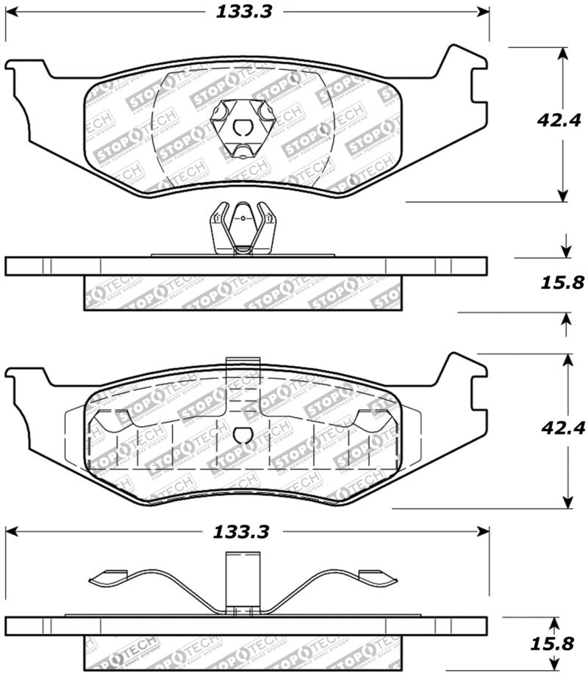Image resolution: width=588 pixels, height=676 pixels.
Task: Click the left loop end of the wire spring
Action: pyautogui.click(x=103, y=580)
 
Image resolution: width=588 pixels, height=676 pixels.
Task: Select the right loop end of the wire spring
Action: pyautogui.click(x=382, y=580)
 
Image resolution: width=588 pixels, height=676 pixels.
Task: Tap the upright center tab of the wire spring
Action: pyautogui.click(x=243, y=580)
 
